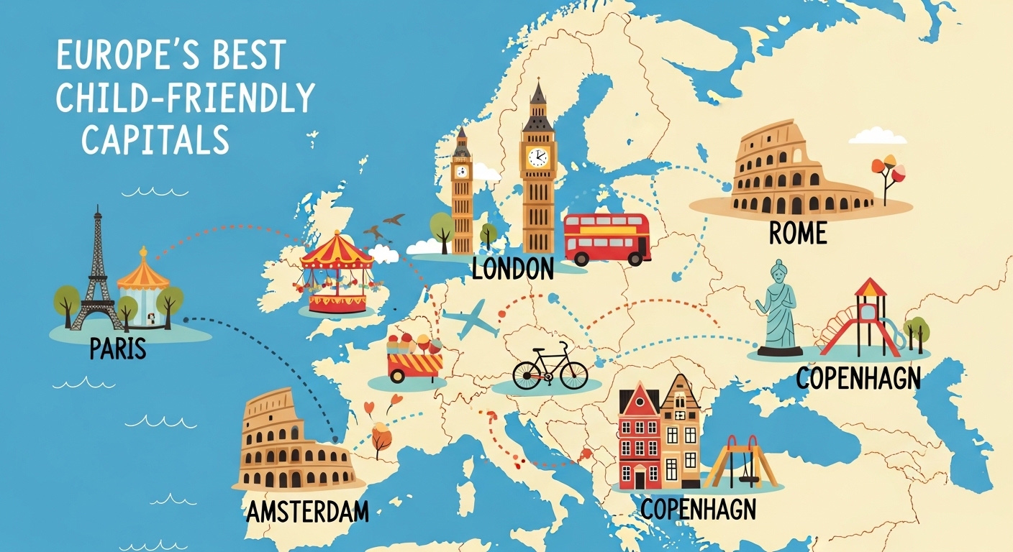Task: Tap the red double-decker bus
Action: click(x=607, y=238)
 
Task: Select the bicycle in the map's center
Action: click(x=550, y=367)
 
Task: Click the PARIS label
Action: click(x=118, y=349)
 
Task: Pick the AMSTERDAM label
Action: click(x=307, y=512)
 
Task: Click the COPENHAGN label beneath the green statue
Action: click(x=858, y=378)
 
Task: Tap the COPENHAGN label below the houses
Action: click(x=698, y=509)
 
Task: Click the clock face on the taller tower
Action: click(x=537, y=157)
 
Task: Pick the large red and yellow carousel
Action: click(x=337, y=277)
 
